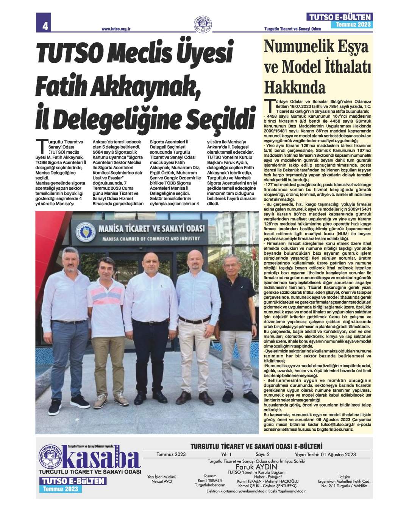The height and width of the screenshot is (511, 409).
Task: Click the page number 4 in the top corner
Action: coord(44,26)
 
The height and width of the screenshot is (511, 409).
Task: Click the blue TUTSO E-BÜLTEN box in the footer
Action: coord(72,481)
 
